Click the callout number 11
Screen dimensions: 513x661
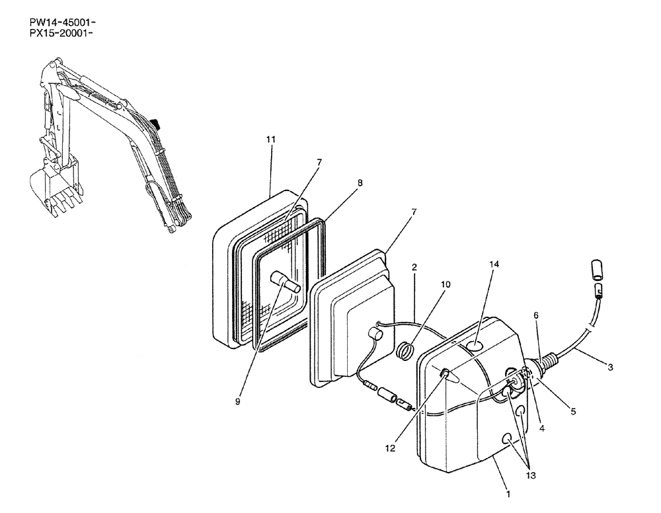(271, 139)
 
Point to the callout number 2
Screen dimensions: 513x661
(414, 268)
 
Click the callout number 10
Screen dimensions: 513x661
(446, 284)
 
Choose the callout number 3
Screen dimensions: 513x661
(610, 368)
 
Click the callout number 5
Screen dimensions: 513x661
(573, 411)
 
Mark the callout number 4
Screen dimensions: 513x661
(541, 428)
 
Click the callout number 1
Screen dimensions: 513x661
(508, 493)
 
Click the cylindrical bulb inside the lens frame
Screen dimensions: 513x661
(286, 284)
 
